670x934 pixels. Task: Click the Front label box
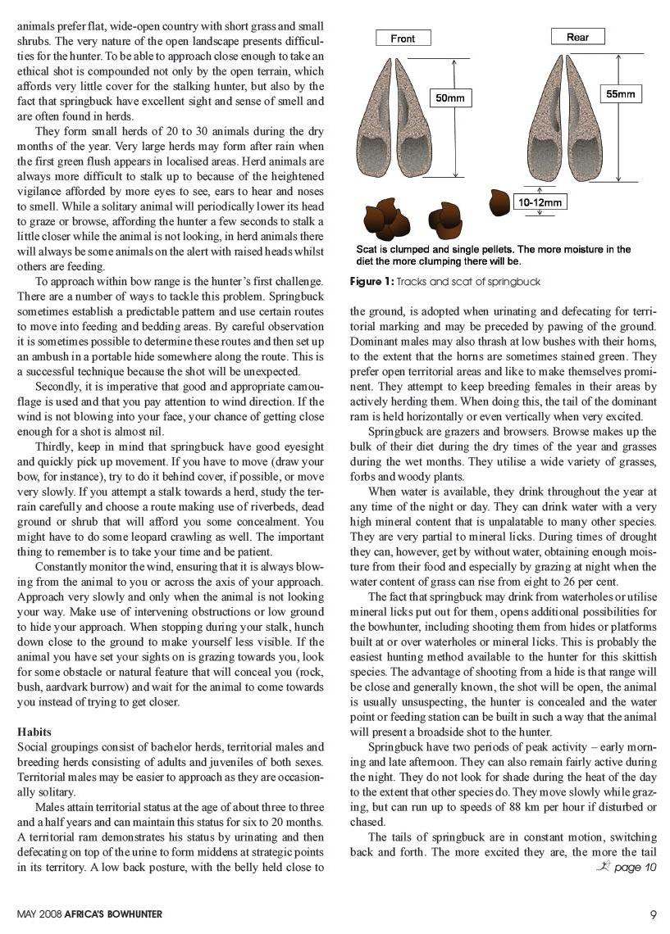[403, 39]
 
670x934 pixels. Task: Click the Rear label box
[577, 37]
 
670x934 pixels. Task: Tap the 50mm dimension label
[450, 98]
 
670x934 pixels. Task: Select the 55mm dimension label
[620, 94]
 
